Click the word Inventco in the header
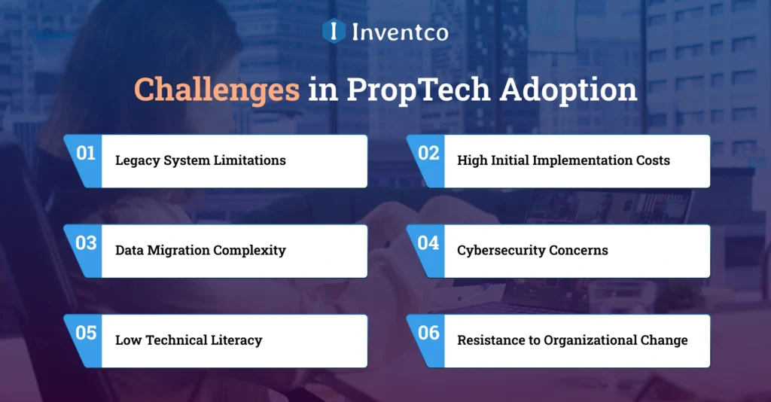pos(400,32)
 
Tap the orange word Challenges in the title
pos(216,90)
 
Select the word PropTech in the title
pos(410,90)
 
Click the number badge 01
pos(86,154)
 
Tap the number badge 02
pos(428,154)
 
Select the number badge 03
pos(86,243)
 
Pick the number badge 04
pos(428,243)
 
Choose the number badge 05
pos(86,333)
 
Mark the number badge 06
pos(428,333)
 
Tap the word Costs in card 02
pos(651,160)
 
